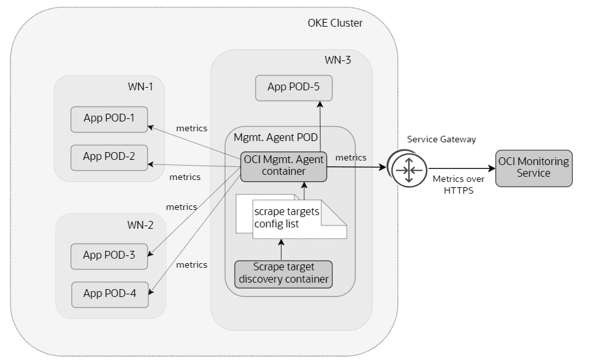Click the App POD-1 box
109,118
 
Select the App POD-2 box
109,157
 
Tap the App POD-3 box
109,255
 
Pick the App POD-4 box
110,294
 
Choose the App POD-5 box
294,88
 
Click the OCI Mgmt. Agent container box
283,166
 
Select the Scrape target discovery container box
283,274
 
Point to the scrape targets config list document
286,219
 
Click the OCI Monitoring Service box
533,168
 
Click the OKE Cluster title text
335,23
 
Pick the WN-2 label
140,225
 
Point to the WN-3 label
337,60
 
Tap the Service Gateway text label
433,139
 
